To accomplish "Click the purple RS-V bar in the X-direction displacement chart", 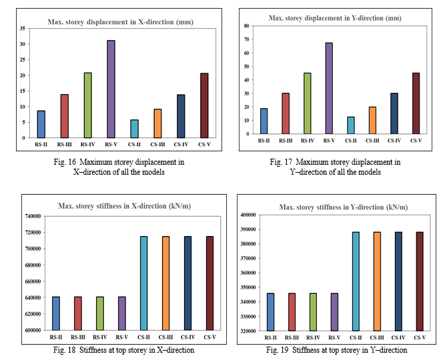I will [111, 89].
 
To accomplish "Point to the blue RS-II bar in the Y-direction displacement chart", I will [263, 121].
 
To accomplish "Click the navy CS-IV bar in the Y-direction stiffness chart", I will [398, 281].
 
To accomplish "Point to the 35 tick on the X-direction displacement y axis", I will [23, 29].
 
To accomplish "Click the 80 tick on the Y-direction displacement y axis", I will [246, 26].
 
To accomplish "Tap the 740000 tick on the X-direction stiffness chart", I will [31, 216].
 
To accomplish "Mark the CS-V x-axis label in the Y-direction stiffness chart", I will [419, 337].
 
